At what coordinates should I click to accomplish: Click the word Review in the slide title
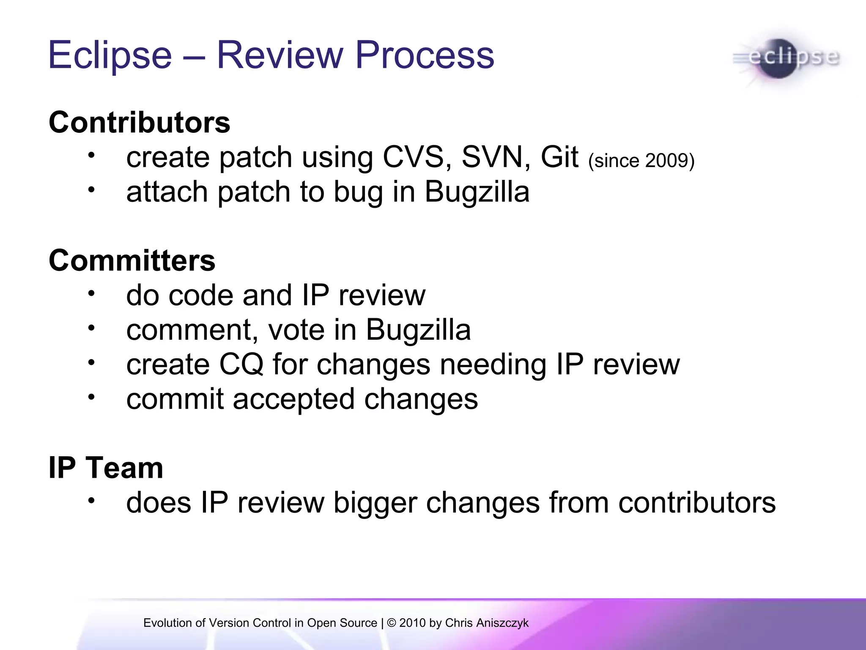281,55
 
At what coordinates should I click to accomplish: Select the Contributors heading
139,123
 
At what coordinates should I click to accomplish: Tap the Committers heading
132,261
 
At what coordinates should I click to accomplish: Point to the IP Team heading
106,468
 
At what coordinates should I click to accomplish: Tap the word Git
559,157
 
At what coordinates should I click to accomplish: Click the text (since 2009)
641,161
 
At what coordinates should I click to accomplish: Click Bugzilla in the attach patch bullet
477,192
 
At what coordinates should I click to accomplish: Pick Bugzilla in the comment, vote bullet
418,330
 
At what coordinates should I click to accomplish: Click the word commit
175,399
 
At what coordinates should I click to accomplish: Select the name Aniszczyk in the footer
502,623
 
